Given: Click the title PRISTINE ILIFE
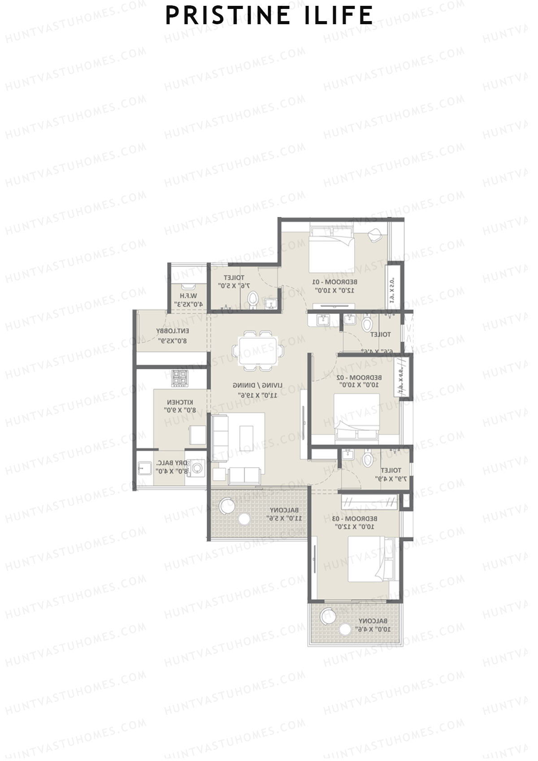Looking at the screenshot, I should (269, 15).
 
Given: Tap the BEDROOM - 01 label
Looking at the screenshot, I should (335, 282).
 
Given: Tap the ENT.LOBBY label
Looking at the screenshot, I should (172, 331).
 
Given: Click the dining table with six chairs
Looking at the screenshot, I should (258, 351).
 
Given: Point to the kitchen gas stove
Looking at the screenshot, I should (180, 377).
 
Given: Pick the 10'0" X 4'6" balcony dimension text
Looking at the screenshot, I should (372, 629).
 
